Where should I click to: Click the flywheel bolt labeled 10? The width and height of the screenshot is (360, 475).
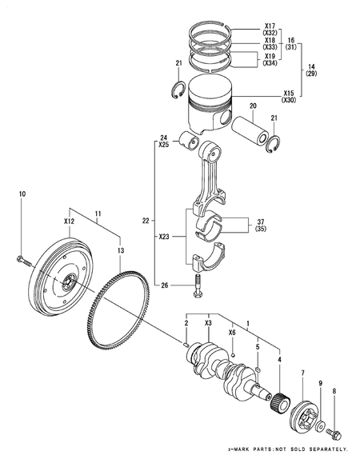click(22, 260)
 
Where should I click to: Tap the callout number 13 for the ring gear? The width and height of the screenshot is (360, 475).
click(121, 250)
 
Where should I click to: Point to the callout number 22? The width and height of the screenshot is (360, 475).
click(145, 221)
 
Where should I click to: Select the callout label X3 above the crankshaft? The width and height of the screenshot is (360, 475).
click(208, 322)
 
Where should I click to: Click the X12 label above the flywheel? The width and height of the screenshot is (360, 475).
click(69, 220)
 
